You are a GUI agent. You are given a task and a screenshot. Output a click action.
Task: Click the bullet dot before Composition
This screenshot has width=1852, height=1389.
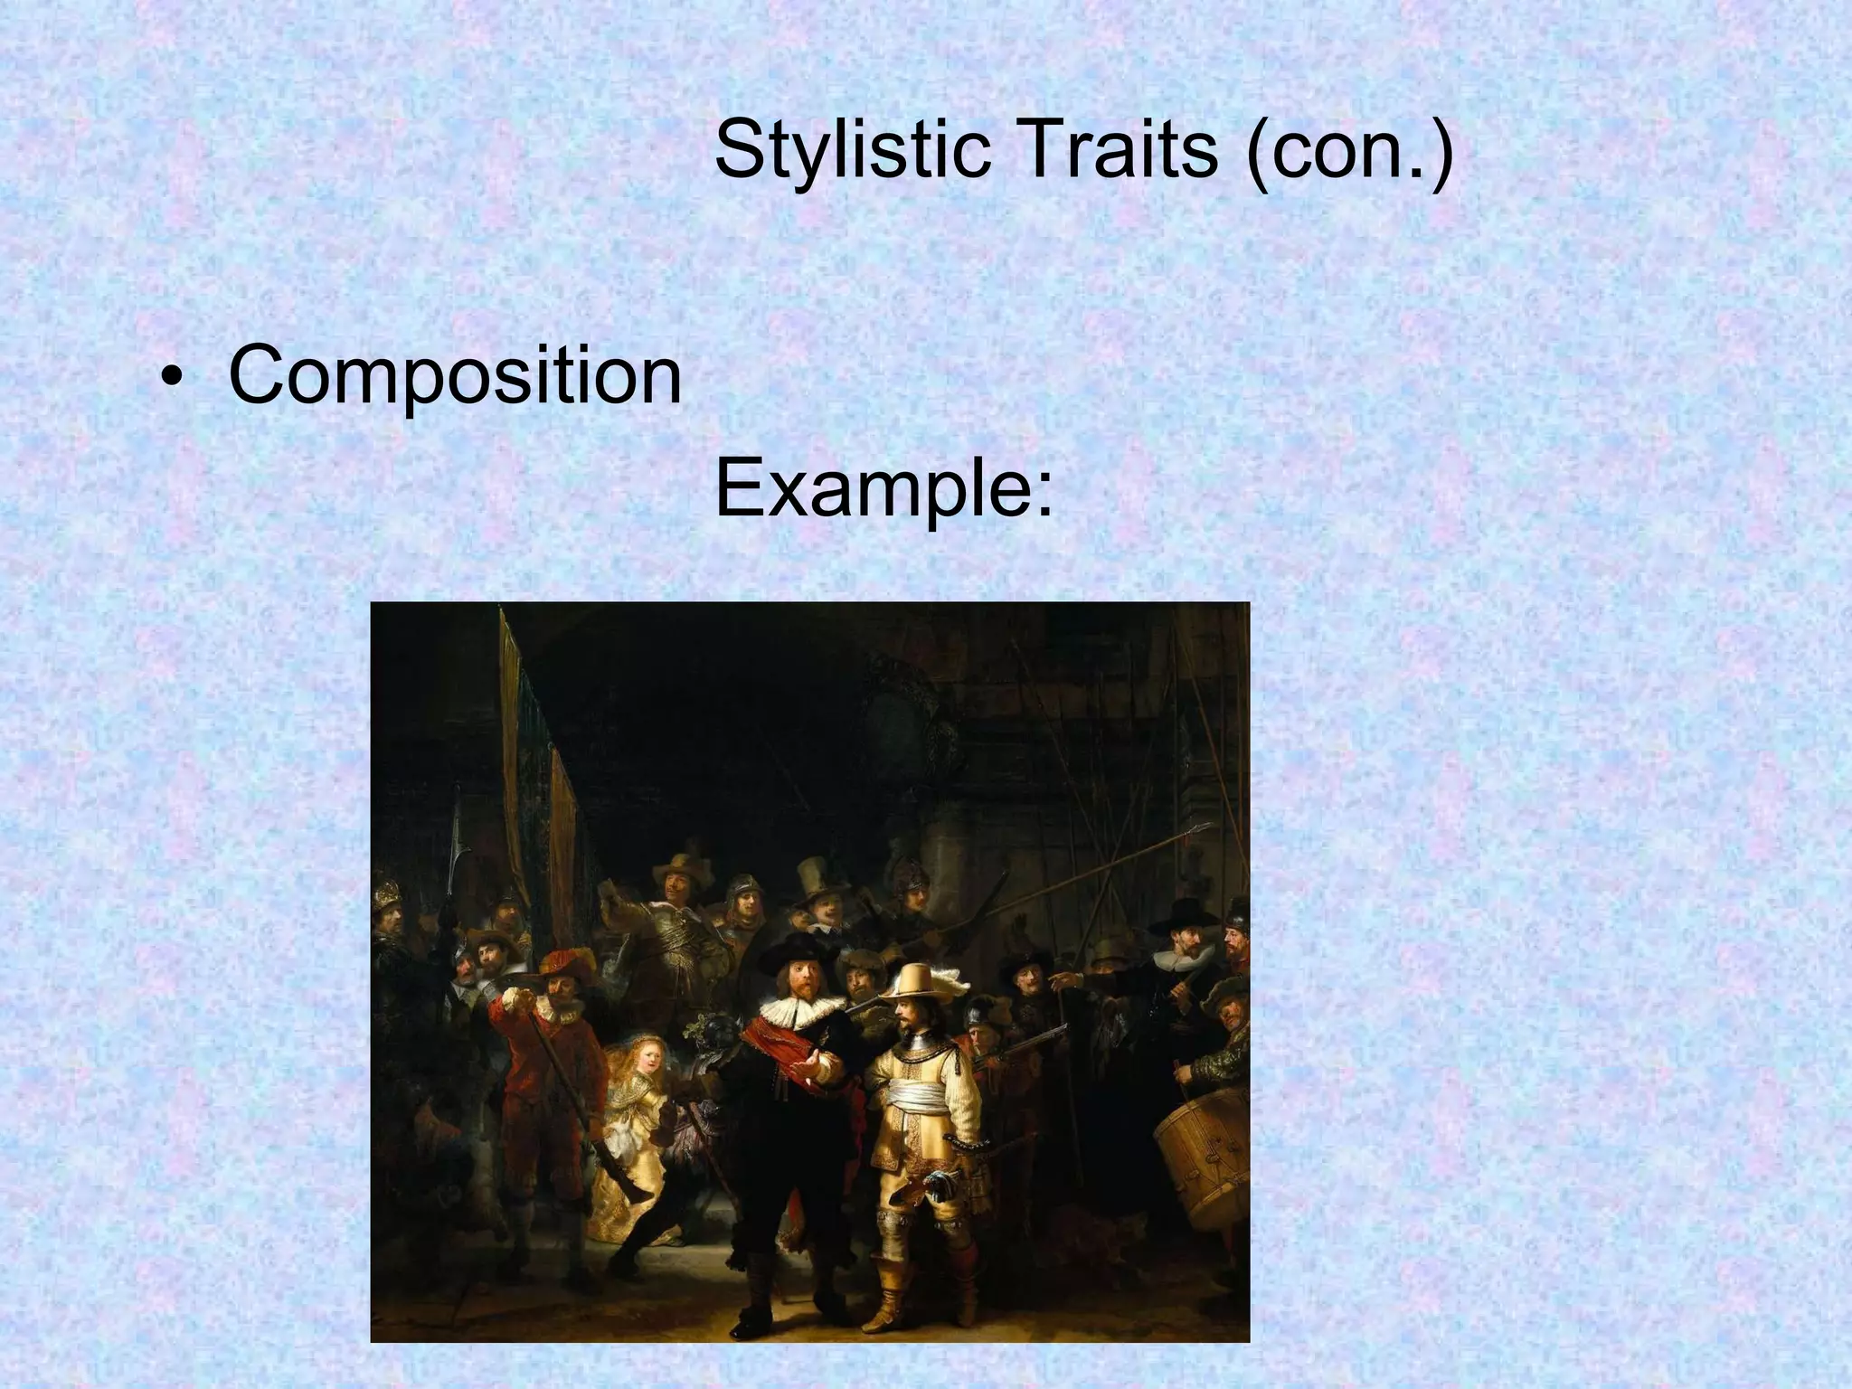coord(168,378)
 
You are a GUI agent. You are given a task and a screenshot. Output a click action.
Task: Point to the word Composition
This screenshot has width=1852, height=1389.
coord(455,374)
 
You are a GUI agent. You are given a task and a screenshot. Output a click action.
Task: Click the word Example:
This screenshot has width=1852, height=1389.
coord(883,489)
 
